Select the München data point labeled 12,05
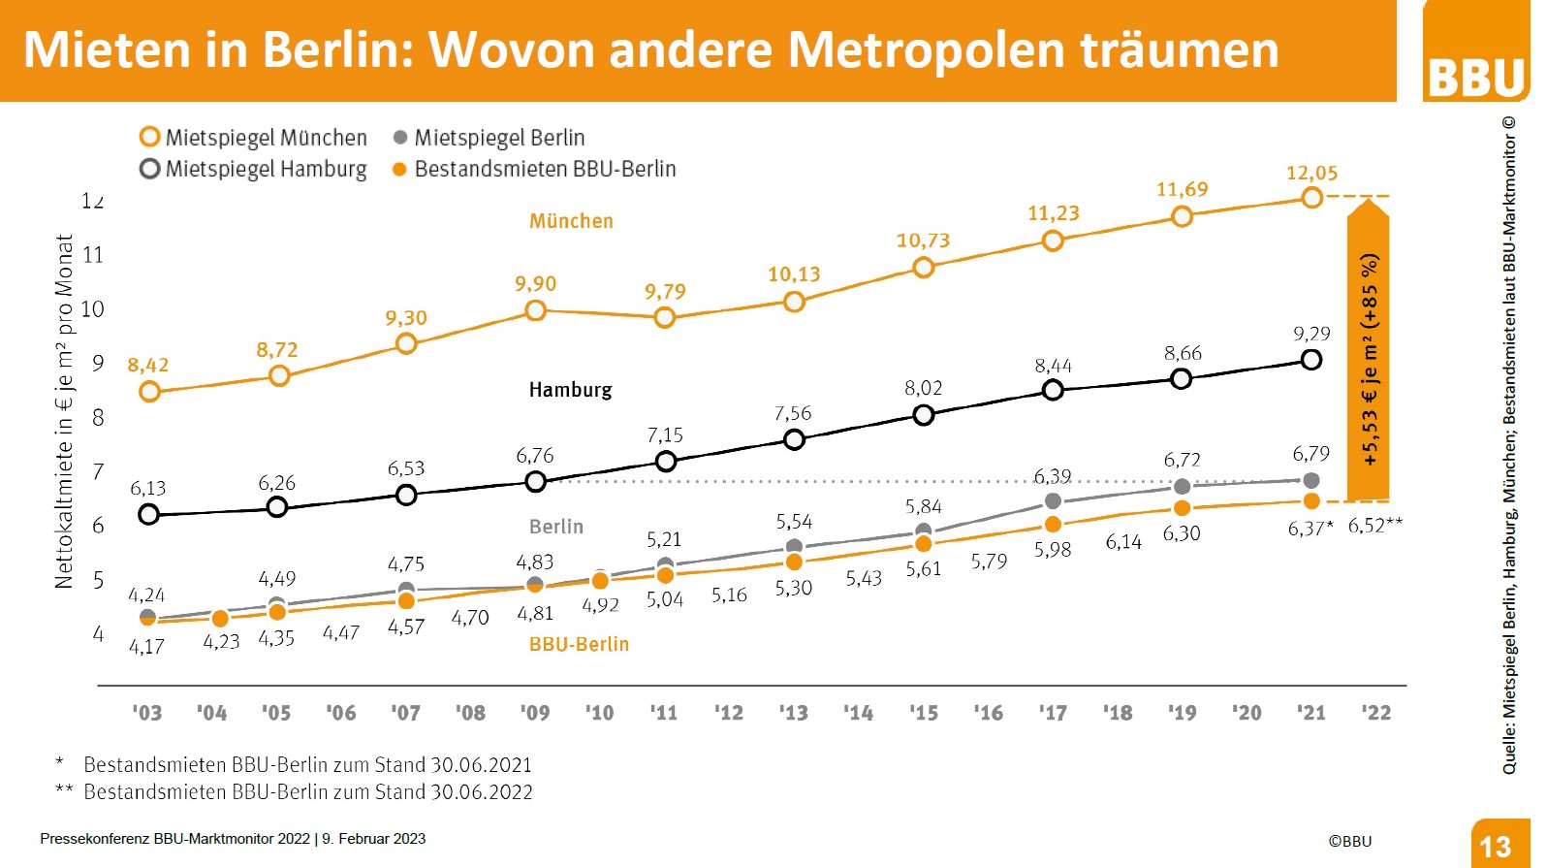click(x=1311, y=198)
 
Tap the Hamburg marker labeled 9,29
click(x=1310, y=360)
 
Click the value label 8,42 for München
click(x=148, y=366)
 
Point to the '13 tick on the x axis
click(x=793, y=713)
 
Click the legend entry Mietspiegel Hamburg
click(x=254, y=169)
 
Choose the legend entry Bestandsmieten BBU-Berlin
click(x=534, y=169)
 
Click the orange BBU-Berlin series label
click(x=579, y=644)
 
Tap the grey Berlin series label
click(x=556, y=527)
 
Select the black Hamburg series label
click(x=570, y=390)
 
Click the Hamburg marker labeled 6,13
click(x=148, y=514)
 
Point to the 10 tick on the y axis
click(x=92, y=309)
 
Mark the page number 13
click(x=1496, y=847)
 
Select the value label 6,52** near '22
click(x=1375, y=525)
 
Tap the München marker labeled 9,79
click(x=664, y=317)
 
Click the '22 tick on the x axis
click(x=1375, y=713)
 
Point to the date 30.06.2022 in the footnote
click(x=482, y=792)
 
